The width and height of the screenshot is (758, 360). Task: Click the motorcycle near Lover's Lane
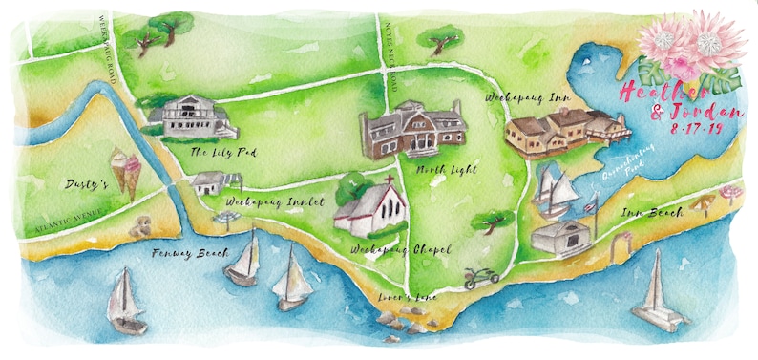(481, 277)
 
